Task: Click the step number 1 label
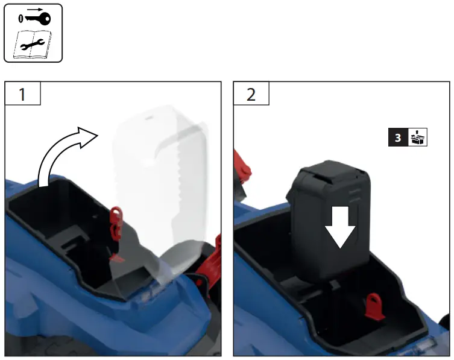click(x=22, y=95)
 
